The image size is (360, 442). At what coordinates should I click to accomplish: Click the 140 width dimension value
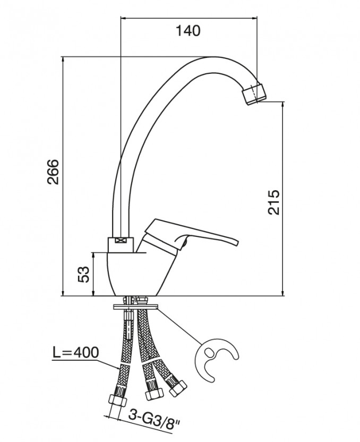tap(188, 31)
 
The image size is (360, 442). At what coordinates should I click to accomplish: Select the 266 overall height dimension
tap(53, 172)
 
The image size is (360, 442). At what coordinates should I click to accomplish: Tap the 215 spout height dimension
tap(274, 202)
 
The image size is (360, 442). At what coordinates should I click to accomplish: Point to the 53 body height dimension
tap(83, 275)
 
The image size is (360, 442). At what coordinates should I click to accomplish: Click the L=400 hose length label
tap(75, 352)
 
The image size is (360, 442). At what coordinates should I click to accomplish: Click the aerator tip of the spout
tap(254, 95)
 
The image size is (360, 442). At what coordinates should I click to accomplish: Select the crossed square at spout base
tap(121, 241)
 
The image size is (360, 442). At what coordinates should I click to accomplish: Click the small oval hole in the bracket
tap(210, 352)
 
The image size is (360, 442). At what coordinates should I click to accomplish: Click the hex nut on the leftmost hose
tap(117, 400)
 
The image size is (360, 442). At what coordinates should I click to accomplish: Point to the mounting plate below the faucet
tap(135, 307)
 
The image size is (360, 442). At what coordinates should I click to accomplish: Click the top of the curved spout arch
tap(214, 57)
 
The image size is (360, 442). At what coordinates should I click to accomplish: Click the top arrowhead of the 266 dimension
tap(63, 59)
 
